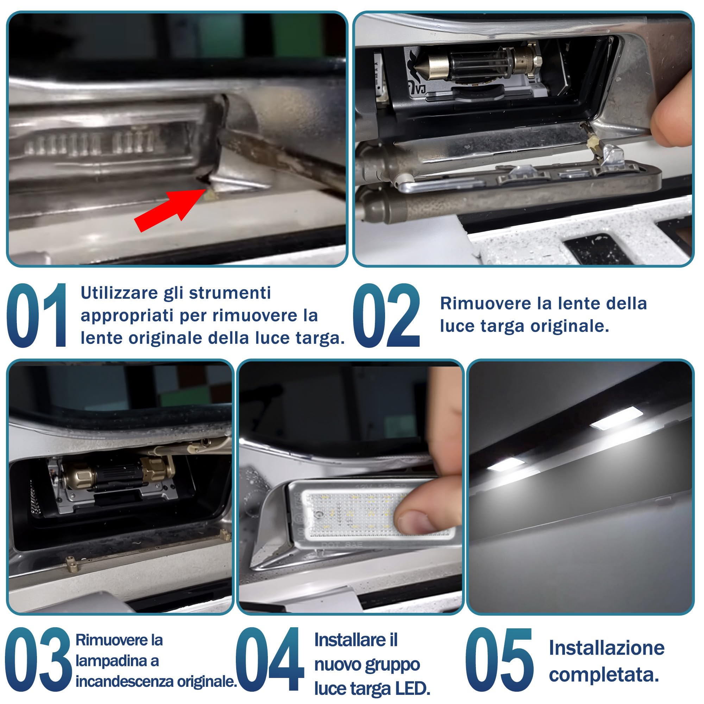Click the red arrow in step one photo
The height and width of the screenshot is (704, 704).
click(169, 210)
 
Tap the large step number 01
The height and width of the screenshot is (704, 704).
click(37, 315)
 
